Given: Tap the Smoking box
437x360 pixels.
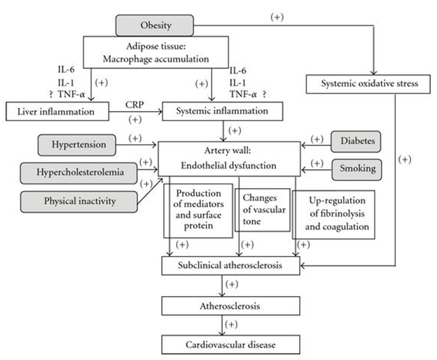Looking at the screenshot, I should point(357,169).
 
